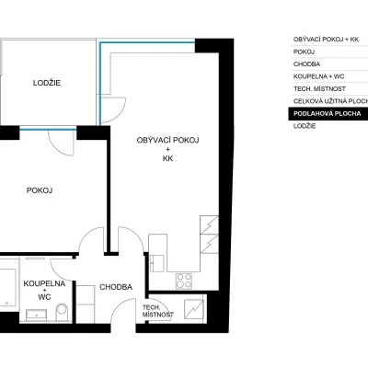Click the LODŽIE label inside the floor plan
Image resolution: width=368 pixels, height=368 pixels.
coord(47,83)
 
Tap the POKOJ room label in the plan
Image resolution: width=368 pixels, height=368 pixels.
coord(40,190)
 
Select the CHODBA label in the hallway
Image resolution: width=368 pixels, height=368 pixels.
coord(116,287)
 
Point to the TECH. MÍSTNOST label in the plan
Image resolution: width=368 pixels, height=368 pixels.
coord(157,311)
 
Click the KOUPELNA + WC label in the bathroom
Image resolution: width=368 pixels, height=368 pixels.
coord(44,290)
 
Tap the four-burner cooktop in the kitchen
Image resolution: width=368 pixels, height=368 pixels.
coord(184,281)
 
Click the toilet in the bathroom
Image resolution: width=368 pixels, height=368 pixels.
coord(62,312)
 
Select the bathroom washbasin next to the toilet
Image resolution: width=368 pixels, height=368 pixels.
coord(36,316)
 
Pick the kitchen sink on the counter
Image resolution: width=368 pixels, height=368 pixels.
coord(157,263)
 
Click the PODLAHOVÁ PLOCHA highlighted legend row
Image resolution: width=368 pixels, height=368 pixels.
coord(328,114)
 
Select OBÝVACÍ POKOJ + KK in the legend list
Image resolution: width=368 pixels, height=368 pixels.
coord(326,40)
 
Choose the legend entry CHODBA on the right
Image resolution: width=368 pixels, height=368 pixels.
coord(306,64)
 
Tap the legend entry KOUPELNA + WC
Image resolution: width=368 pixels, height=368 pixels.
coord(319,76)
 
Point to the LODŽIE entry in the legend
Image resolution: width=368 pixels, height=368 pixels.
coord(305,126)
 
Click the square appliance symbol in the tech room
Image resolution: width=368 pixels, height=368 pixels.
coord(193,309)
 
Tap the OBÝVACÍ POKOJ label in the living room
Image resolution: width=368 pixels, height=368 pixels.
coord(167,140)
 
